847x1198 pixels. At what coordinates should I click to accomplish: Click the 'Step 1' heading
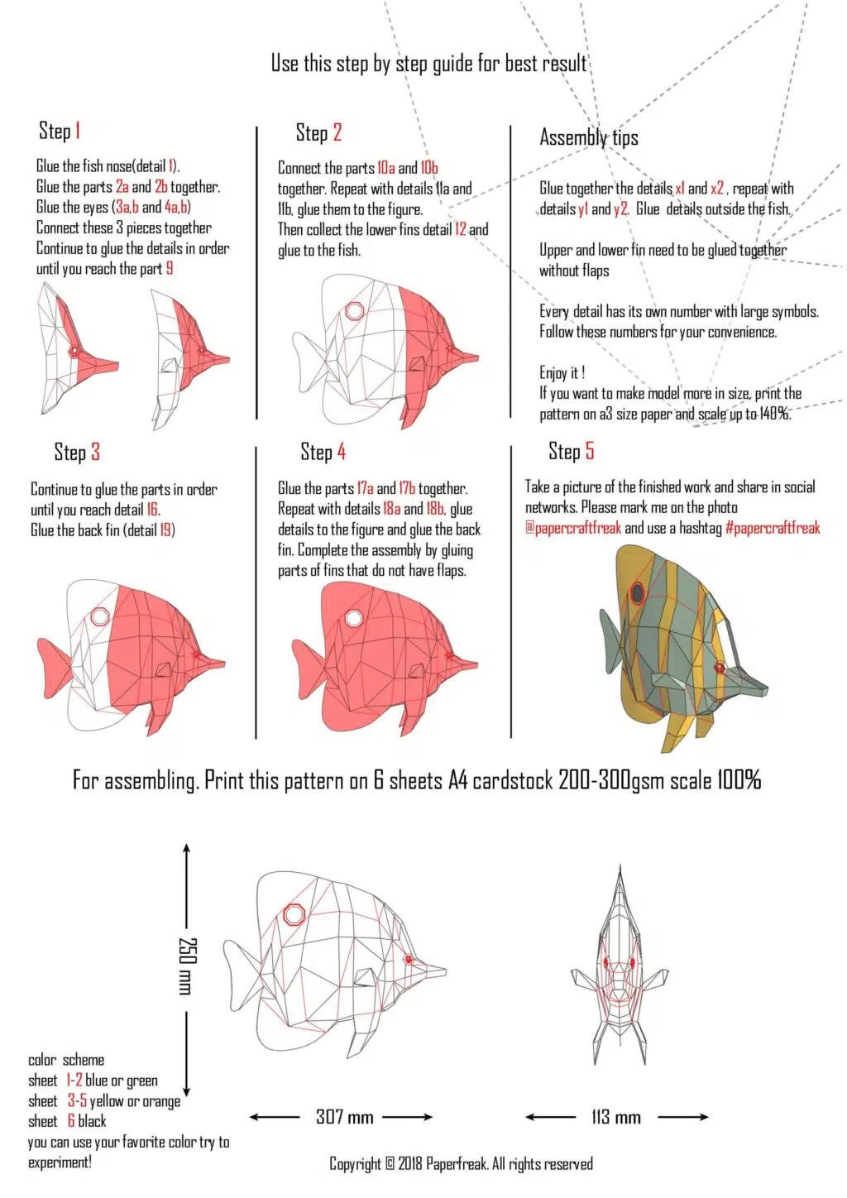[60, 131]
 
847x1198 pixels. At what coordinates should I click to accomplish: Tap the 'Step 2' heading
[318, 132]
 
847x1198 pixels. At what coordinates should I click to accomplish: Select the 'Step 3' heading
[77, 452]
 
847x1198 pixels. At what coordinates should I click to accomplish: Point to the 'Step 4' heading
[323, 452]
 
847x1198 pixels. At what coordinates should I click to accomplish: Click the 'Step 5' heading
[571, 451]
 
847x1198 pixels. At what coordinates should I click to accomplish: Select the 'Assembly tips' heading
[588, 137]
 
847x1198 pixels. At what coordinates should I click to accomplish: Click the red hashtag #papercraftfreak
[773, 528]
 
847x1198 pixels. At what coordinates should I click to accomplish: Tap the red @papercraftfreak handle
[572, 528]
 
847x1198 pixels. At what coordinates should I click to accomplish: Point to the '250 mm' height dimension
[188, 966]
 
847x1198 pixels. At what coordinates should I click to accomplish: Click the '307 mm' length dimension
[344, 1117]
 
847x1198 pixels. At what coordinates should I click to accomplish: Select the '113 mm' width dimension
[616, 1117]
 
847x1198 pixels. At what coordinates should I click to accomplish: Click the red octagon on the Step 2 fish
[354, 311]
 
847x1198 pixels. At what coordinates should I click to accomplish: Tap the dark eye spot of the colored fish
[638, 592]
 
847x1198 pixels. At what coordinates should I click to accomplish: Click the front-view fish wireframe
[620, 968]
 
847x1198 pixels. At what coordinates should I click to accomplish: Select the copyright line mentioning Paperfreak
[461, 1163]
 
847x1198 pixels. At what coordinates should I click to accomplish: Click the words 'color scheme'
[66, 1060]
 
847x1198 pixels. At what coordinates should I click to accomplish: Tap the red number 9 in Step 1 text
[170, 268]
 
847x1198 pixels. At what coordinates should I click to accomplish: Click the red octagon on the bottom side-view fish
[294, 914]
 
